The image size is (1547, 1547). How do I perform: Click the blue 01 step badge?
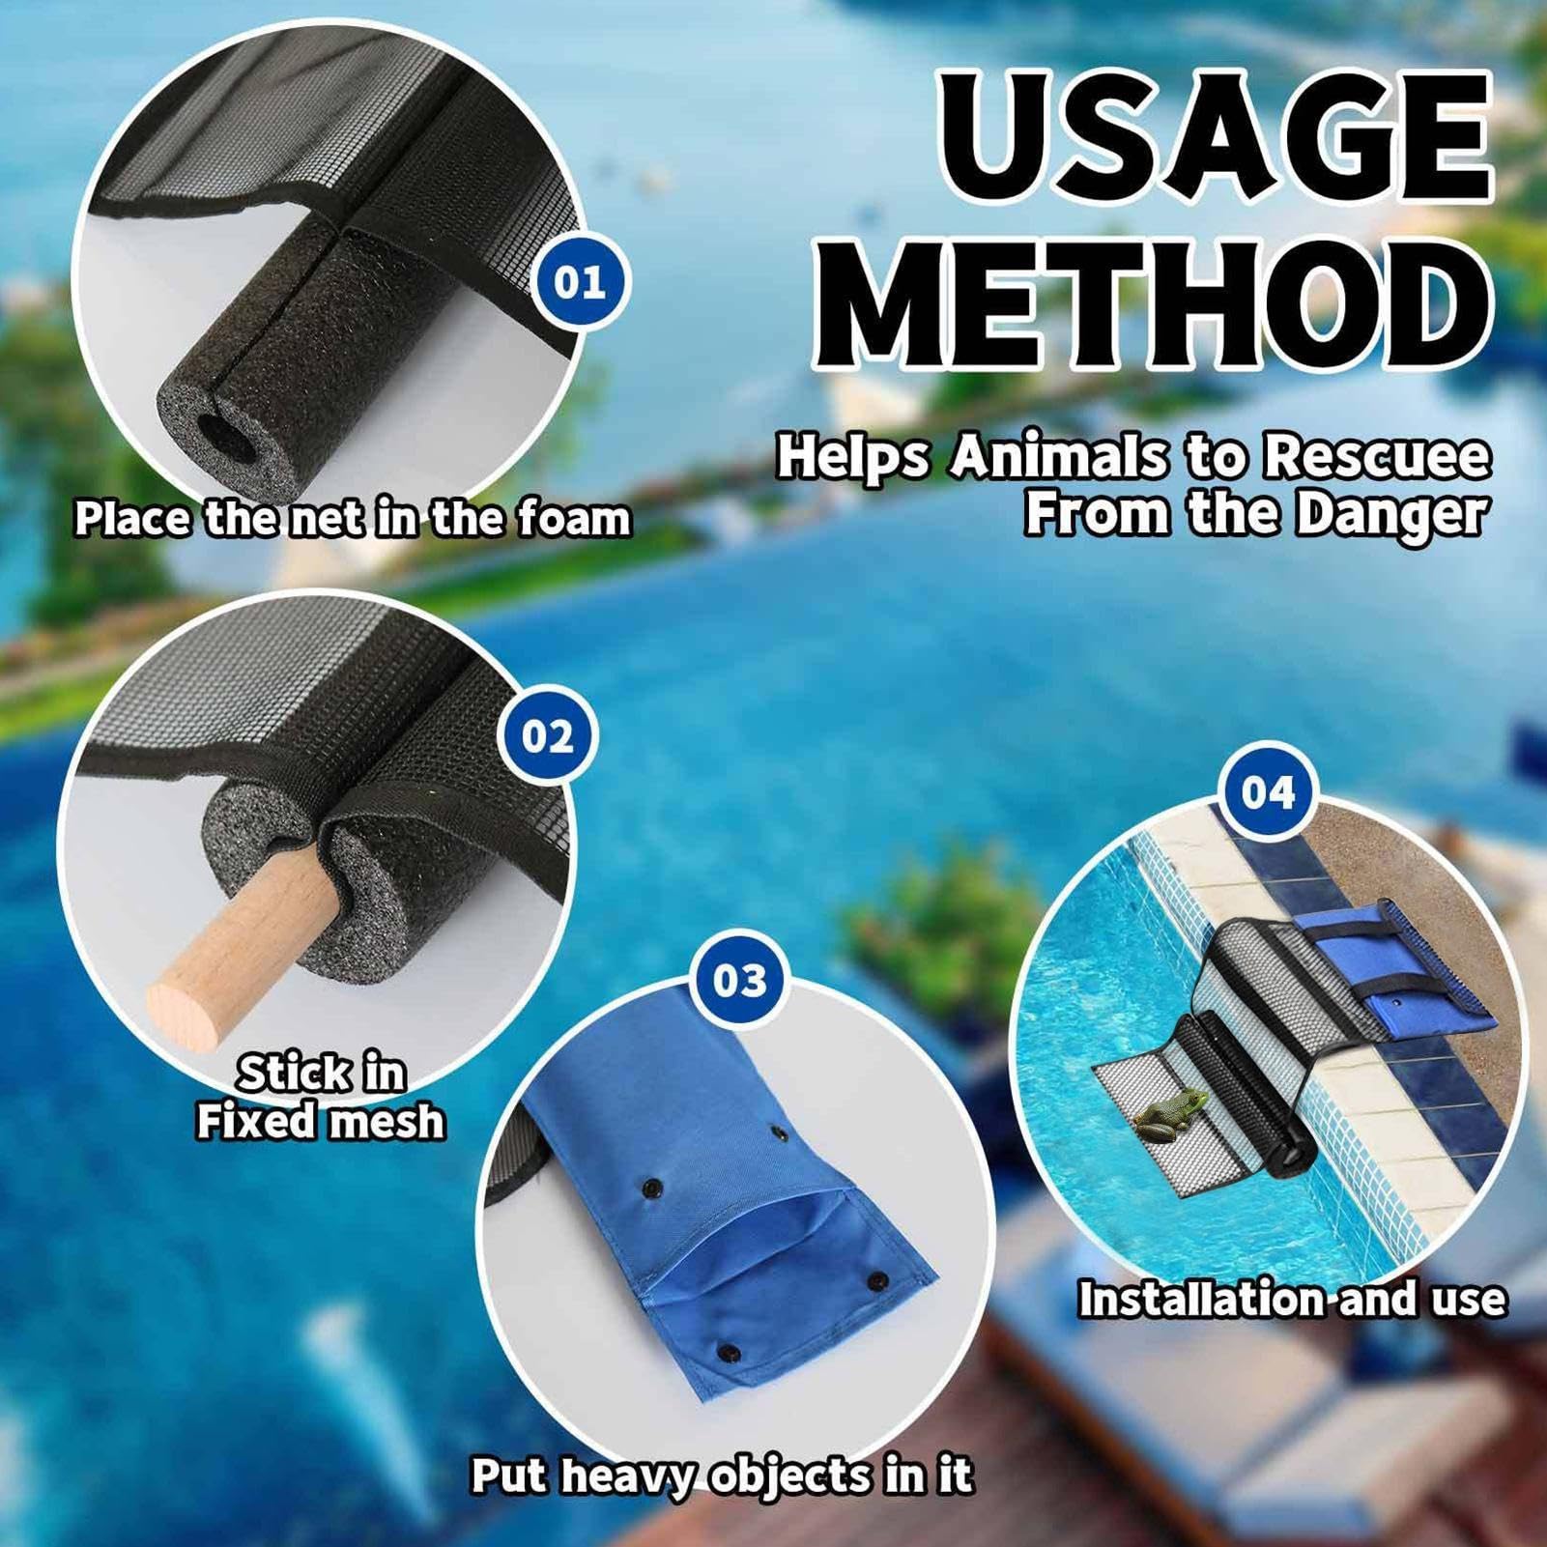click(580, 283)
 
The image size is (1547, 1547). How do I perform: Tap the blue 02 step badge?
click(547, 736)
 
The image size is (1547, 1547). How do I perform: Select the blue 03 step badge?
click(739, 982)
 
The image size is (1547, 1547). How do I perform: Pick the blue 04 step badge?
click(1268, 792)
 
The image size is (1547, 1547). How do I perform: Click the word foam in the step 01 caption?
click(574, 519)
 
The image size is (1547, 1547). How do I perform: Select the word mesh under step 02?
click(387, 1122)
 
